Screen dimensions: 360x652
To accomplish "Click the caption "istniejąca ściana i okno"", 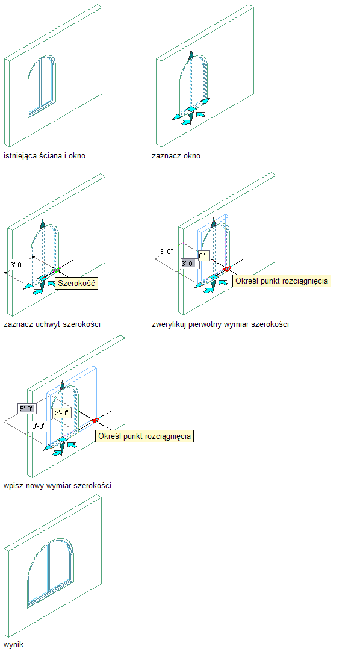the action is pos(45,156).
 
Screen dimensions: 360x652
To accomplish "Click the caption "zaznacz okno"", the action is pos(176,156).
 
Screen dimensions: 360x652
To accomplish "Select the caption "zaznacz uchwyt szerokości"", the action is pos(52,324).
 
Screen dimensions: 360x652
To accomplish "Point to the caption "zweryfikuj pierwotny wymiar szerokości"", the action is pos(220,324).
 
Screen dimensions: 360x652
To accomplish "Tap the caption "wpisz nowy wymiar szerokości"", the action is pos(57,485).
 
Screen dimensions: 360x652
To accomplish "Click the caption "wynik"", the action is pos(13,645).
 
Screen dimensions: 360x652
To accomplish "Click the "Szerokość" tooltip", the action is pos(76,284).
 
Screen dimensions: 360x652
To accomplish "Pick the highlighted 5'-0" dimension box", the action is pos(27,408).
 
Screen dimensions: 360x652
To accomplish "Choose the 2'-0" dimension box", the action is pos(63,413).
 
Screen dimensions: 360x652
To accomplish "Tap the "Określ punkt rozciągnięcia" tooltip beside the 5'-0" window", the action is pos(144,436).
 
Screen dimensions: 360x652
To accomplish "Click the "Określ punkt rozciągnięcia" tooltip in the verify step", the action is pos(282,281).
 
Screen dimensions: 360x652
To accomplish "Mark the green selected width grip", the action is pos(56,270).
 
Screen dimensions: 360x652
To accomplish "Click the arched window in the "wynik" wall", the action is pos(51,573).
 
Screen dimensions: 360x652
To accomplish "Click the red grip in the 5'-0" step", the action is pos(95,421).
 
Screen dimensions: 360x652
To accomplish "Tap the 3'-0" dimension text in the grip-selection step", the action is pos(17,264).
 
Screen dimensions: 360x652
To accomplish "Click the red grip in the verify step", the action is pos(226,269).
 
